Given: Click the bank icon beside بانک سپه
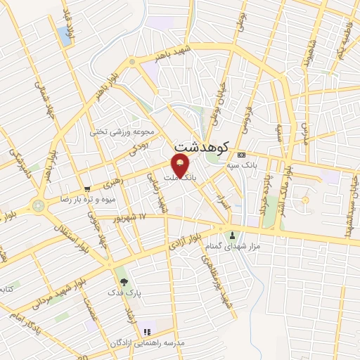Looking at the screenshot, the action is tap(242, 155).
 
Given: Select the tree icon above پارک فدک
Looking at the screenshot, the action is tap(124, 281).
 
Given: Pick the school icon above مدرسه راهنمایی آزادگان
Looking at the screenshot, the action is tap(147, 332).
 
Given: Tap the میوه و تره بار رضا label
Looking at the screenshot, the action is tap(88, 199).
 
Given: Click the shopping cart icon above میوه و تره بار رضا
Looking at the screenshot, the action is tap(87, 188).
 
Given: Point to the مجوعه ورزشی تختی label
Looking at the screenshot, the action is tap(117, 131).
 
